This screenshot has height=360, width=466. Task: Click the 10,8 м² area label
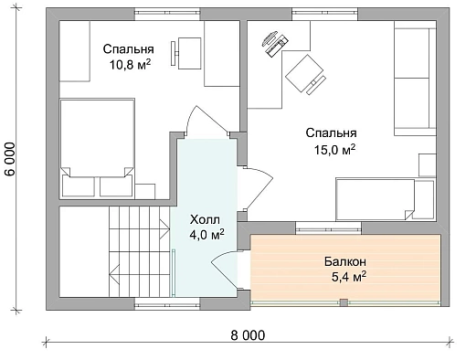131,65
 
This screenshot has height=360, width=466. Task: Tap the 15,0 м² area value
334,150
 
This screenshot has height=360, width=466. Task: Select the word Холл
205,219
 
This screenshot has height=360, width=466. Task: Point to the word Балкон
345,261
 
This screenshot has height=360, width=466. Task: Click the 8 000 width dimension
248,335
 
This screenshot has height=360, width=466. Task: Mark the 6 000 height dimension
10,159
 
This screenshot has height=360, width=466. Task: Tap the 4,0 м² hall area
207,235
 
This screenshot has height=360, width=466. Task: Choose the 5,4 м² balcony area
348,278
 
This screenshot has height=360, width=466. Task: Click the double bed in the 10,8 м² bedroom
98,147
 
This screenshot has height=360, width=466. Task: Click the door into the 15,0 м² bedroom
258,188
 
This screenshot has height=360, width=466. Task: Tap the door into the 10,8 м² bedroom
207,122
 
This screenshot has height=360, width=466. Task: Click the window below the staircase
167,303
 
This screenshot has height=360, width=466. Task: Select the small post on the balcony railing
344,302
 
